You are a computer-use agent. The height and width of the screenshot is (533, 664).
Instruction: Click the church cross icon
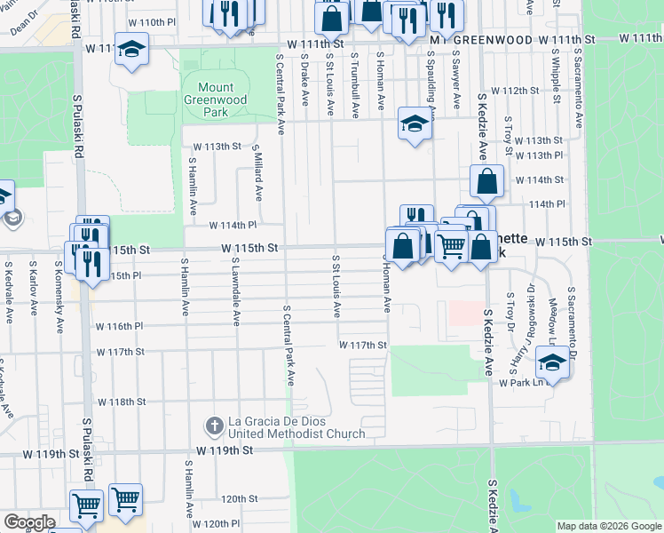214,427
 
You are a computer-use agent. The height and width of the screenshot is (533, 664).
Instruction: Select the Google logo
28,522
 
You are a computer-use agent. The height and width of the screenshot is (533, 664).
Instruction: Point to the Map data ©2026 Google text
608,526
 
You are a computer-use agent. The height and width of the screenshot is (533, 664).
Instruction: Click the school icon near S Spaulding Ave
415,124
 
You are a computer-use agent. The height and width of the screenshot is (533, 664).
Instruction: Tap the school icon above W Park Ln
552,362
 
